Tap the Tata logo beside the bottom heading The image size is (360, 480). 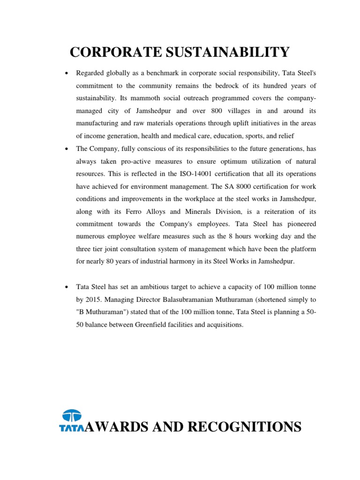[71, 420]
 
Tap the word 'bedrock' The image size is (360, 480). [229, 87]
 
